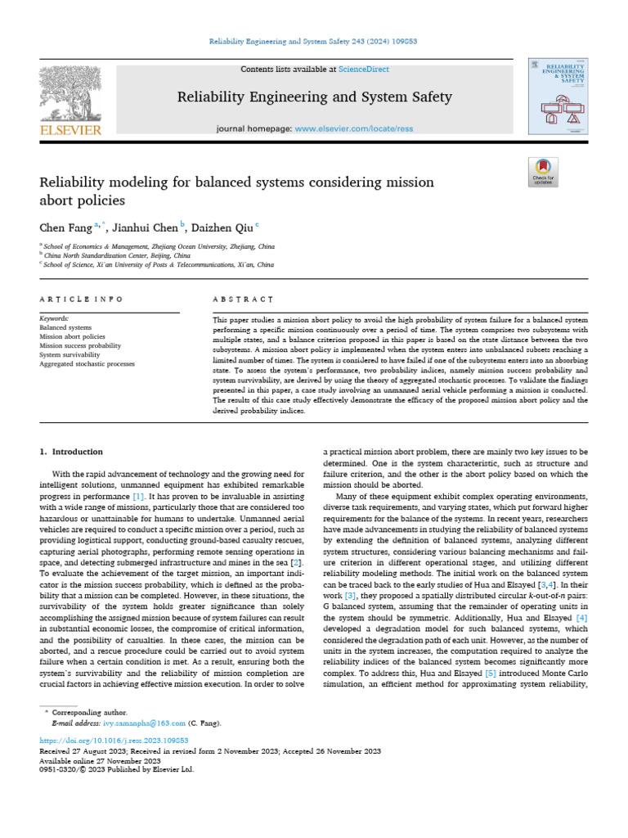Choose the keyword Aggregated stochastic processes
coord(87,363)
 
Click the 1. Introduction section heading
coord(72,451)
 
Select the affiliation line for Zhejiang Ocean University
coord(159,246)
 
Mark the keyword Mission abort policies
coord(72,336)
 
